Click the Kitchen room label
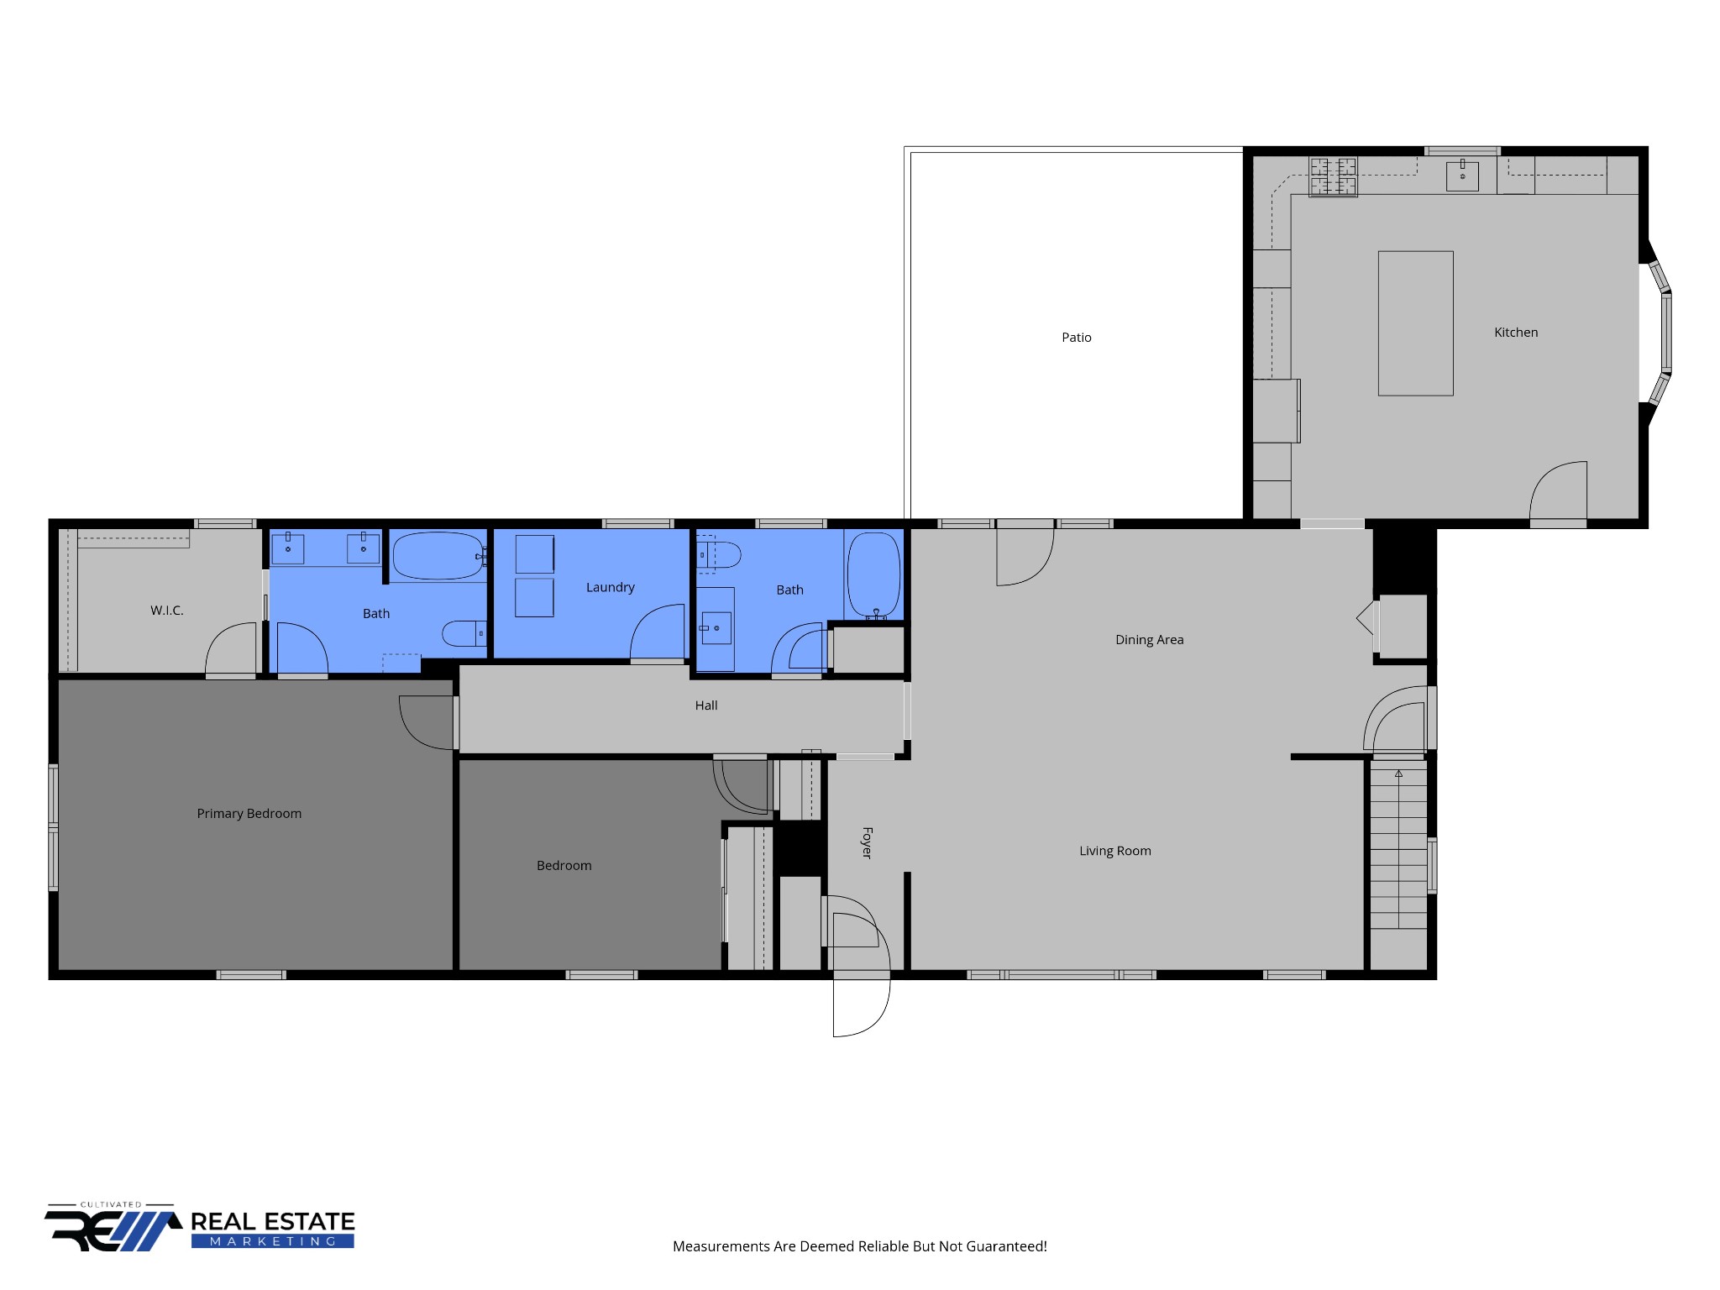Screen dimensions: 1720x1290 (x=1516, y=333)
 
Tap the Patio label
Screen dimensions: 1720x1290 (x=1077, y=338)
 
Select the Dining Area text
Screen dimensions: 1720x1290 (x=1149, y=640)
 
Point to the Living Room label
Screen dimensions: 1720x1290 (x=1115, y=851)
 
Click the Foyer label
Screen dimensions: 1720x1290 (x=867, y=842)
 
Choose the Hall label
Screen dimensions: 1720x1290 (x=706, y=705)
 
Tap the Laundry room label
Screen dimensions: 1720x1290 (x=611, y=588)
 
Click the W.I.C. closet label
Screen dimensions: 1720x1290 (x=167, y=611)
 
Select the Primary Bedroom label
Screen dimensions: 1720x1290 (x=249, y=814)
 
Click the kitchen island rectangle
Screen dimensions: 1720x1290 (x=1415, y=323)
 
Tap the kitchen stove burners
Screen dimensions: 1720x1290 (x=1333, y=176)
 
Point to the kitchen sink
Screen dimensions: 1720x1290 (x=1462, y=175)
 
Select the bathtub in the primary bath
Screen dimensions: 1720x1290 (x=438, y=556)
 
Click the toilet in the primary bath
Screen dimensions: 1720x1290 (x=464, y=633)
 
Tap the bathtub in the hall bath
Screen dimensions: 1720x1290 (x=874, y=576)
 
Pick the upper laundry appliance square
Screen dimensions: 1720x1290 (x=534, y=554)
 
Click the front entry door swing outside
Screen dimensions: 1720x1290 (x=861, y=1008)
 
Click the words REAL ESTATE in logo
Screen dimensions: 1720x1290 (x=273, y=1221)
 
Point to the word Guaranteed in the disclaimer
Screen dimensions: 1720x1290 (x=1007, y=1246)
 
